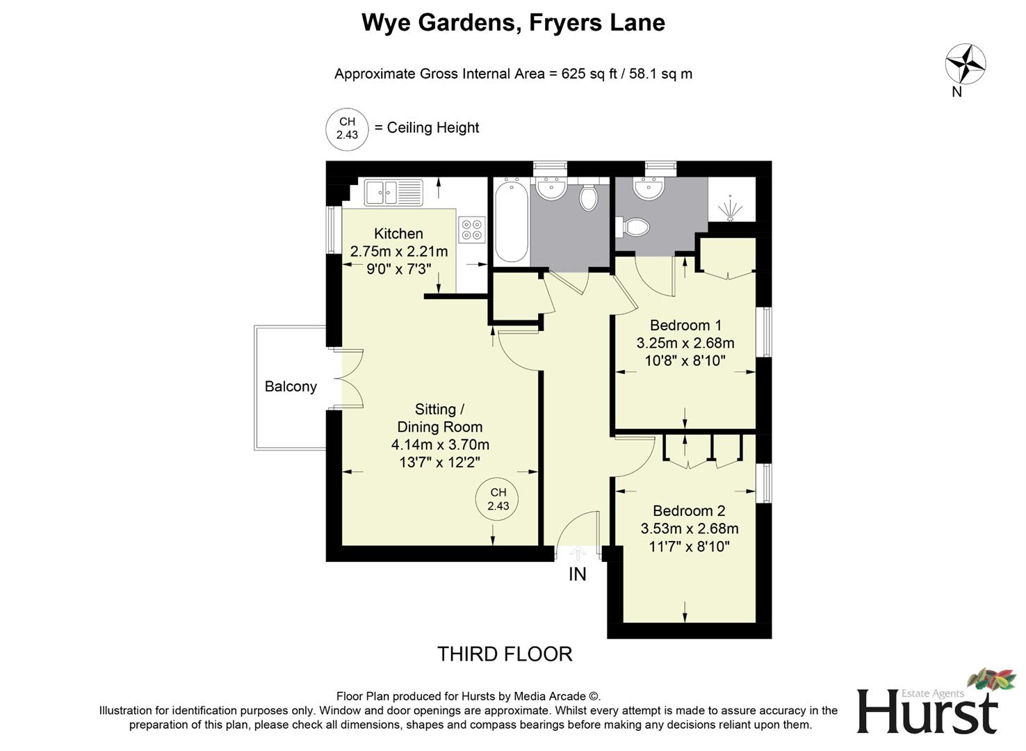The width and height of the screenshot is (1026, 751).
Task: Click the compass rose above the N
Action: click(965, 64)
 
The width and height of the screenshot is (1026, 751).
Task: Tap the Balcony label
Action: click(291, 387)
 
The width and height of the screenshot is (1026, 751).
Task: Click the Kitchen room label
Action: click(398, 234)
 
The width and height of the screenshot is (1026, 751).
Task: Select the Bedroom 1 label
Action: click(685, 325)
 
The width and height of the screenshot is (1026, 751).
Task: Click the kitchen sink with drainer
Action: click(394, 192)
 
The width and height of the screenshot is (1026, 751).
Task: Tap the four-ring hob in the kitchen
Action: click(472, 229)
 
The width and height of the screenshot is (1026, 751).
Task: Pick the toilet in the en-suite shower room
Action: click(633, 227)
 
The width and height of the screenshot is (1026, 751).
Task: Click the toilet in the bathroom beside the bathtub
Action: click(588, 196)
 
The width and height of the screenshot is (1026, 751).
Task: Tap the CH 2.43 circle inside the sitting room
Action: click(498, 499)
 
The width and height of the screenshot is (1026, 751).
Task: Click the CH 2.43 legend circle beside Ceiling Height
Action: click(347, 129)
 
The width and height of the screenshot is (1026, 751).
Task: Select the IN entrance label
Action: click(578, 574)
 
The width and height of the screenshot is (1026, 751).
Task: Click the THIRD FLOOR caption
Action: click(505, 654)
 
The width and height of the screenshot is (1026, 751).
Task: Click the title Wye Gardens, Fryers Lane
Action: click(513, 23)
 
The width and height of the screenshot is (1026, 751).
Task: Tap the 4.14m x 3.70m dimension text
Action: click(440, 444)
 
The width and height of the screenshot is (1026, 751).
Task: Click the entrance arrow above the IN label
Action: click(578, 553)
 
